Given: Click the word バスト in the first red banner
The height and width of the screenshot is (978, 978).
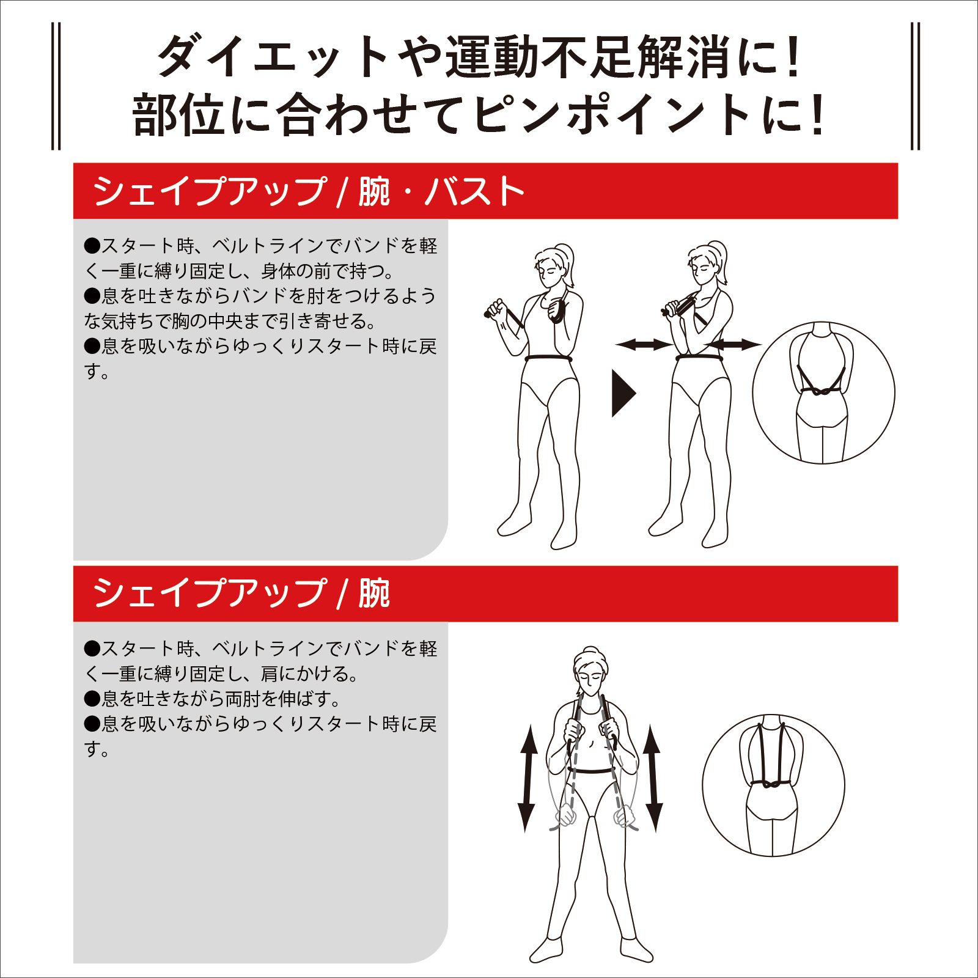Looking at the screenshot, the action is (x=475, y=191).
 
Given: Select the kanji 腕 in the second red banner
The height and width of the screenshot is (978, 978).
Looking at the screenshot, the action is (x=374, y=594).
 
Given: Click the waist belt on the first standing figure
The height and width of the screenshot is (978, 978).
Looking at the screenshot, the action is (x=548, y=358).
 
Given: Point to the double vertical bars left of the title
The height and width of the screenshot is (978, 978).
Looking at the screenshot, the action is (x=56, y=86).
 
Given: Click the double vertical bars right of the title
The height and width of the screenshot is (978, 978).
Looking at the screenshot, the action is (x=915, y=86).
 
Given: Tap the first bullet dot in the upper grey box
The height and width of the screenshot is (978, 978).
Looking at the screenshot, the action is (x=92, y=246).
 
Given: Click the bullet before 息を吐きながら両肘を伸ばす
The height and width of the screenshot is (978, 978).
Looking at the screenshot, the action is (x=92, y=699).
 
